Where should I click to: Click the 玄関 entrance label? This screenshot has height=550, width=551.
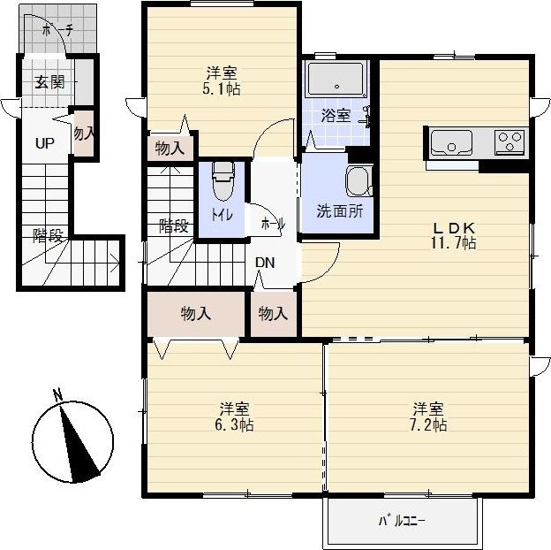[x=50, y=82]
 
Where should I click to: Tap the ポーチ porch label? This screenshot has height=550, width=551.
[x=57, y=31]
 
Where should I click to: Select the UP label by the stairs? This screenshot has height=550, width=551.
[x=45, y=143]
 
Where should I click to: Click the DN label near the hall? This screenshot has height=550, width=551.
[x=265, y=263]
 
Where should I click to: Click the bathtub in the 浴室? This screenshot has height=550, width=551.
[x=336, y=80]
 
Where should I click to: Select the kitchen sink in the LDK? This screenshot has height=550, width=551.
[x=451, y=142]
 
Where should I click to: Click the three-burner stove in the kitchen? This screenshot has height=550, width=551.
[x=509, y=142]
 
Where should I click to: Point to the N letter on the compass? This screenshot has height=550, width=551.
[x=57, y=395]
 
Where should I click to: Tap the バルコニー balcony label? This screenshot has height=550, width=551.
[x=402, y=521]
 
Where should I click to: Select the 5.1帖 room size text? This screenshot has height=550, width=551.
[x=222, y=89]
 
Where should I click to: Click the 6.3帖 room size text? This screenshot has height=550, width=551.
[x=234, y=424]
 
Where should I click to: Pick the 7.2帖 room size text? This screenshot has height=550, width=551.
[x=428, y=424]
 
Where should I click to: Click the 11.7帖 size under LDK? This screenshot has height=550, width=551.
[x=454, y=242]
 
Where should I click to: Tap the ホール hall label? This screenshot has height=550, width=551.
[x=273, y=224]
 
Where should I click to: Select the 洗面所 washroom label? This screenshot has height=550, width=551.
[x=339, y=210]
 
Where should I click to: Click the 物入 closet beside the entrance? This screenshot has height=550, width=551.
[x=84, y=134]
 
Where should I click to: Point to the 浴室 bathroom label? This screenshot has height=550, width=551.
[x=336, y=115]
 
